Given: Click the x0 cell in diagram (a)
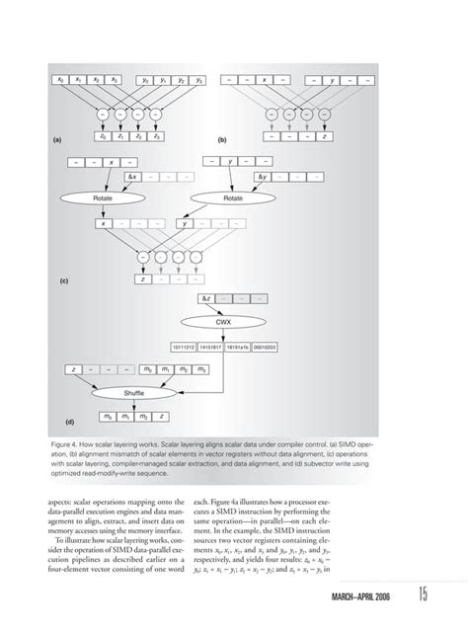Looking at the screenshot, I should click(x=60, y=79).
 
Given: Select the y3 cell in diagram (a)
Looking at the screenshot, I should click(x=199, y=79).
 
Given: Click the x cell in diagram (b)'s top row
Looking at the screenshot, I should click(x=265, y=79).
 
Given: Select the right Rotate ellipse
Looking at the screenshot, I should click(x=234, y=198).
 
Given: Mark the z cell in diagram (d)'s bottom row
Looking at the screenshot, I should click(x=162, y=417).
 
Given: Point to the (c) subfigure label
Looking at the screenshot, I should click(x=62, y=280).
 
